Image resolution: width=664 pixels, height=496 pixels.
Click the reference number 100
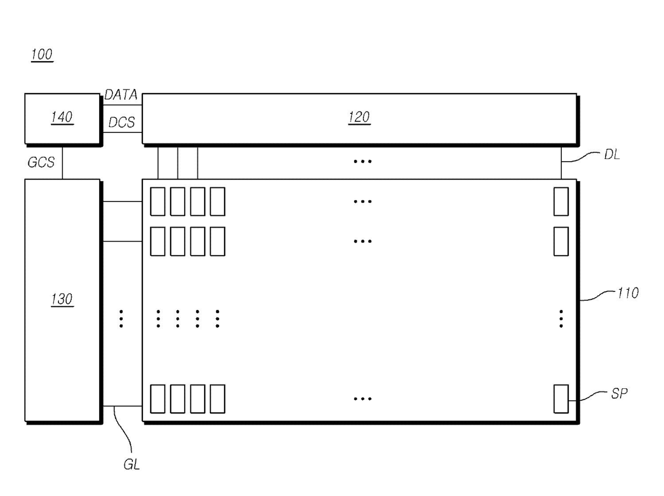click(42, 55)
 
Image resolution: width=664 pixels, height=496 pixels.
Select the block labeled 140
click(62, 118)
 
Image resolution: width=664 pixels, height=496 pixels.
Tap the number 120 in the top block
click(359, 117)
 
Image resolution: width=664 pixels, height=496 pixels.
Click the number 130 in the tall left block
click(62, 299)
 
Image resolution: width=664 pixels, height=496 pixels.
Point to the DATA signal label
click(120, 95)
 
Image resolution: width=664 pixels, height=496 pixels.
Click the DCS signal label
click(122, 122)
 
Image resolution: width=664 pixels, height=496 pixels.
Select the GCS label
click(41, 162)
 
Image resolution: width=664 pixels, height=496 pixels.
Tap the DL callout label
click(612, 155)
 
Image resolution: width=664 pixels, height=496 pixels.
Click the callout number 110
click(628, 293)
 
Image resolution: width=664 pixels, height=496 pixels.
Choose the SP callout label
click(619, 393)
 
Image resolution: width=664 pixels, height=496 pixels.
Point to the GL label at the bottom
click(132, 464)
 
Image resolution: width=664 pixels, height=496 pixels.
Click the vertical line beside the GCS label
click(62, 163)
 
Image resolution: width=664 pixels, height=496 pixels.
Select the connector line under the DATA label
click(123, 105)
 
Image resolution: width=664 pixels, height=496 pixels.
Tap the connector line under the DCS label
click(123, 132)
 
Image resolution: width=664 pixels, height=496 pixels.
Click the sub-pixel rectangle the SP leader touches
click(561, 399)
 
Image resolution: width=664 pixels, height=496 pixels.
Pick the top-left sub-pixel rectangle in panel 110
click(157, 201)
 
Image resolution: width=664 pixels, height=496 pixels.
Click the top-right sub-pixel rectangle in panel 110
click(561, 201)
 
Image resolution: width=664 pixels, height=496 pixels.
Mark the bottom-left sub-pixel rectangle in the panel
click(157, 399)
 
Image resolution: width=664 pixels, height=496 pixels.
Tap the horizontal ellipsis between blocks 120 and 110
click(363, 161)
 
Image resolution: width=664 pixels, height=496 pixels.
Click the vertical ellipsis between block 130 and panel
click(122, 319)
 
